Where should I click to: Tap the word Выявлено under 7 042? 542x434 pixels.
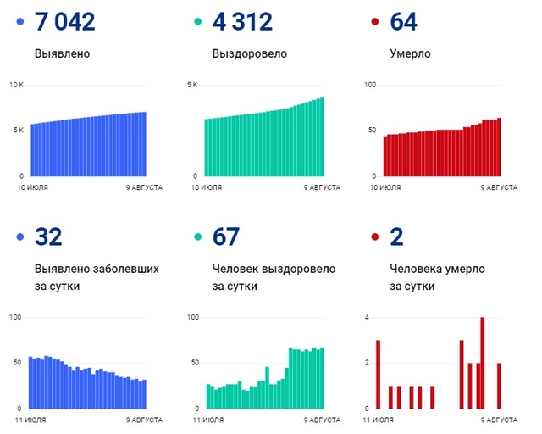[63, 54]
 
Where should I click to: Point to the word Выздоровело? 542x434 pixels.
[250, 54]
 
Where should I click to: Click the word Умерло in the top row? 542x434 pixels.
[411, 54]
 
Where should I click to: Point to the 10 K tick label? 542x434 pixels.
[17, 85]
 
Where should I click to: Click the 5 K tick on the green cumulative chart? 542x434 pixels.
[191, 85]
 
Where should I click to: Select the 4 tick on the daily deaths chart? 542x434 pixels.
[367, 318]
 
